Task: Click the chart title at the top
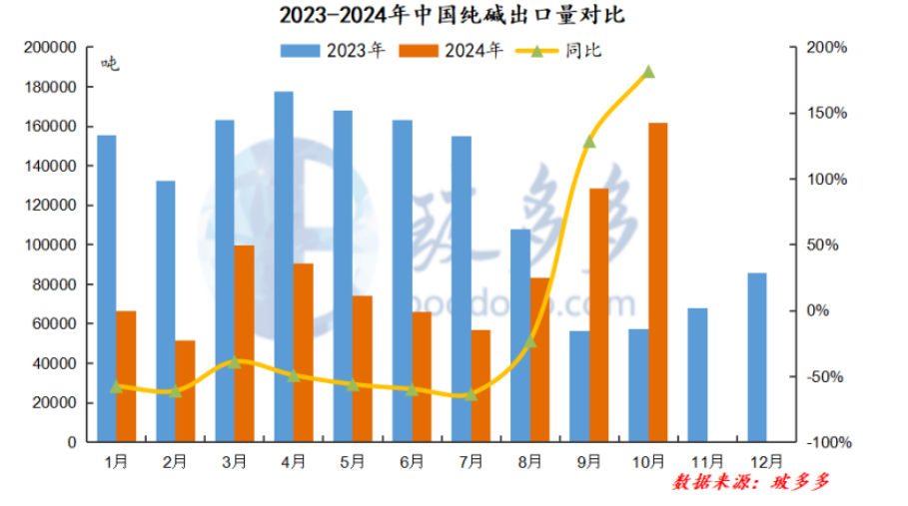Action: (454, 16)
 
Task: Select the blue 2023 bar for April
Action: (284, 266)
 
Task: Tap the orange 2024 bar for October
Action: (658, 281)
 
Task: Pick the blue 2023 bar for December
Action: (756, 356)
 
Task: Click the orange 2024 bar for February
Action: (185, 390)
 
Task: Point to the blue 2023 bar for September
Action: (579, 386)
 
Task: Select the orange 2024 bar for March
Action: (244, 342)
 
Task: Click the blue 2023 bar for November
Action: (697, 374)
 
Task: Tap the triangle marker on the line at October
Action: (648, 72)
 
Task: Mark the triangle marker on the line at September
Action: (589, 142)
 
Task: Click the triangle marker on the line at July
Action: (471, 395)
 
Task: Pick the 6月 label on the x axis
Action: (413, 461)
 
